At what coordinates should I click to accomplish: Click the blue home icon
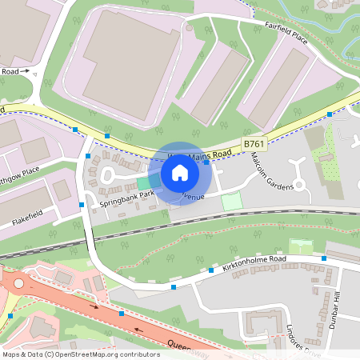coord(180,173)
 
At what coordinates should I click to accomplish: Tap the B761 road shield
coord(254,143)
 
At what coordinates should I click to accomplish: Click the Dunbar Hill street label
coord(338,307)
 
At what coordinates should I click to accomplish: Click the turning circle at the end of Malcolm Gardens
coord(300,185)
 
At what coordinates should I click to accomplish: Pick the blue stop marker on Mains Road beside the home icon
coord(206,162)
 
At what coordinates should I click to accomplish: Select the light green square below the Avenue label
coord(231,202)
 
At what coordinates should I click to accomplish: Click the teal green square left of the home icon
coord(143,182)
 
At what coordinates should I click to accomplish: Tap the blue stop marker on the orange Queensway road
coord(122,314)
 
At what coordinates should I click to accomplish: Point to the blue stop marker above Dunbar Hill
coord(324,258)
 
